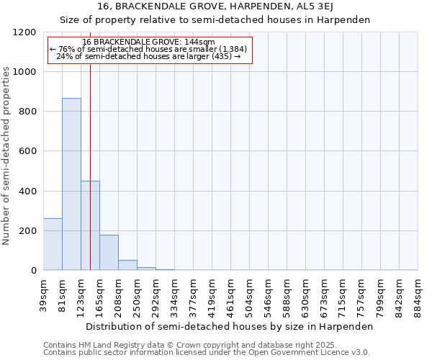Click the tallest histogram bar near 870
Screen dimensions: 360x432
71,184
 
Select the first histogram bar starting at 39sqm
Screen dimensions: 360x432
53,244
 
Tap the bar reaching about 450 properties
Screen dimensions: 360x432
90,225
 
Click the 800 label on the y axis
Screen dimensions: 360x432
28,112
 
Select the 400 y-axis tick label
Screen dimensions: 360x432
28,192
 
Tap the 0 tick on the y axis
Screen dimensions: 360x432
34,271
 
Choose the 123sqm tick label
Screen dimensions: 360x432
81,294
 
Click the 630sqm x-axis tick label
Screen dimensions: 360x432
306,294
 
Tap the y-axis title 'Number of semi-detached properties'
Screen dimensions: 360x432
6,151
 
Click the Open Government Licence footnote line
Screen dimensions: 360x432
207,353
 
